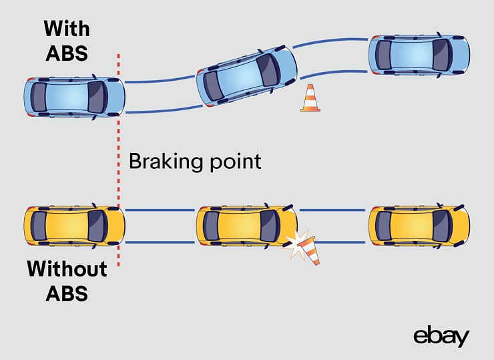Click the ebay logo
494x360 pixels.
(441, 337)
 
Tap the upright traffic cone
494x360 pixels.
(310, 99)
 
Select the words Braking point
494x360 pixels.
(194, 161)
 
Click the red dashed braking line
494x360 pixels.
(119, 160)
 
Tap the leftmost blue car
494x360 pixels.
(74, 98)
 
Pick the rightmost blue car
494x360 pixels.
(419, 54)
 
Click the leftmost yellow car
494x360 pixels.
(74, 226)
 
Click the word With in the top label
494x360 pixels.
(67, 29)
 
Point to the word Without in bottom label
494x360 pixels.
(67, 269)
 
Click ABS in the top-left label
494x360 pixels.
(67, 53)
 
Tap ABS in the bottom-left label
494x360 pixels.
(67, 293)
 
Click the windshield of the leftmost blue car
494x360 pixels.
(97, 98)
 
